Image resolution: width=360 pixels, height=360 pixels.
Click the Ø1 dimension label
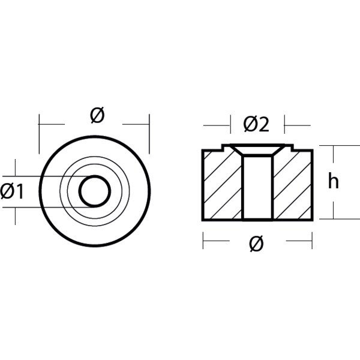tap(12, 192)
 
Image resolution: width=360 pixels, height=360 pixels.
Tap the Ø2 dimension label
tap(256, 125)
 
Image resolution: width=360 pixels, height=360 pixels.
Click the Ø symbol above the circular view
tap(97, 115)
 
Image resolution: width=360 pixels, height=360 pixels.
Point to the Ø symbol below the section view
tap(256, 244)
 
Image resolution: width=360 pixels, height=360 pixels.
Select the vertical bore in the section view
tap(258, 188)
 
